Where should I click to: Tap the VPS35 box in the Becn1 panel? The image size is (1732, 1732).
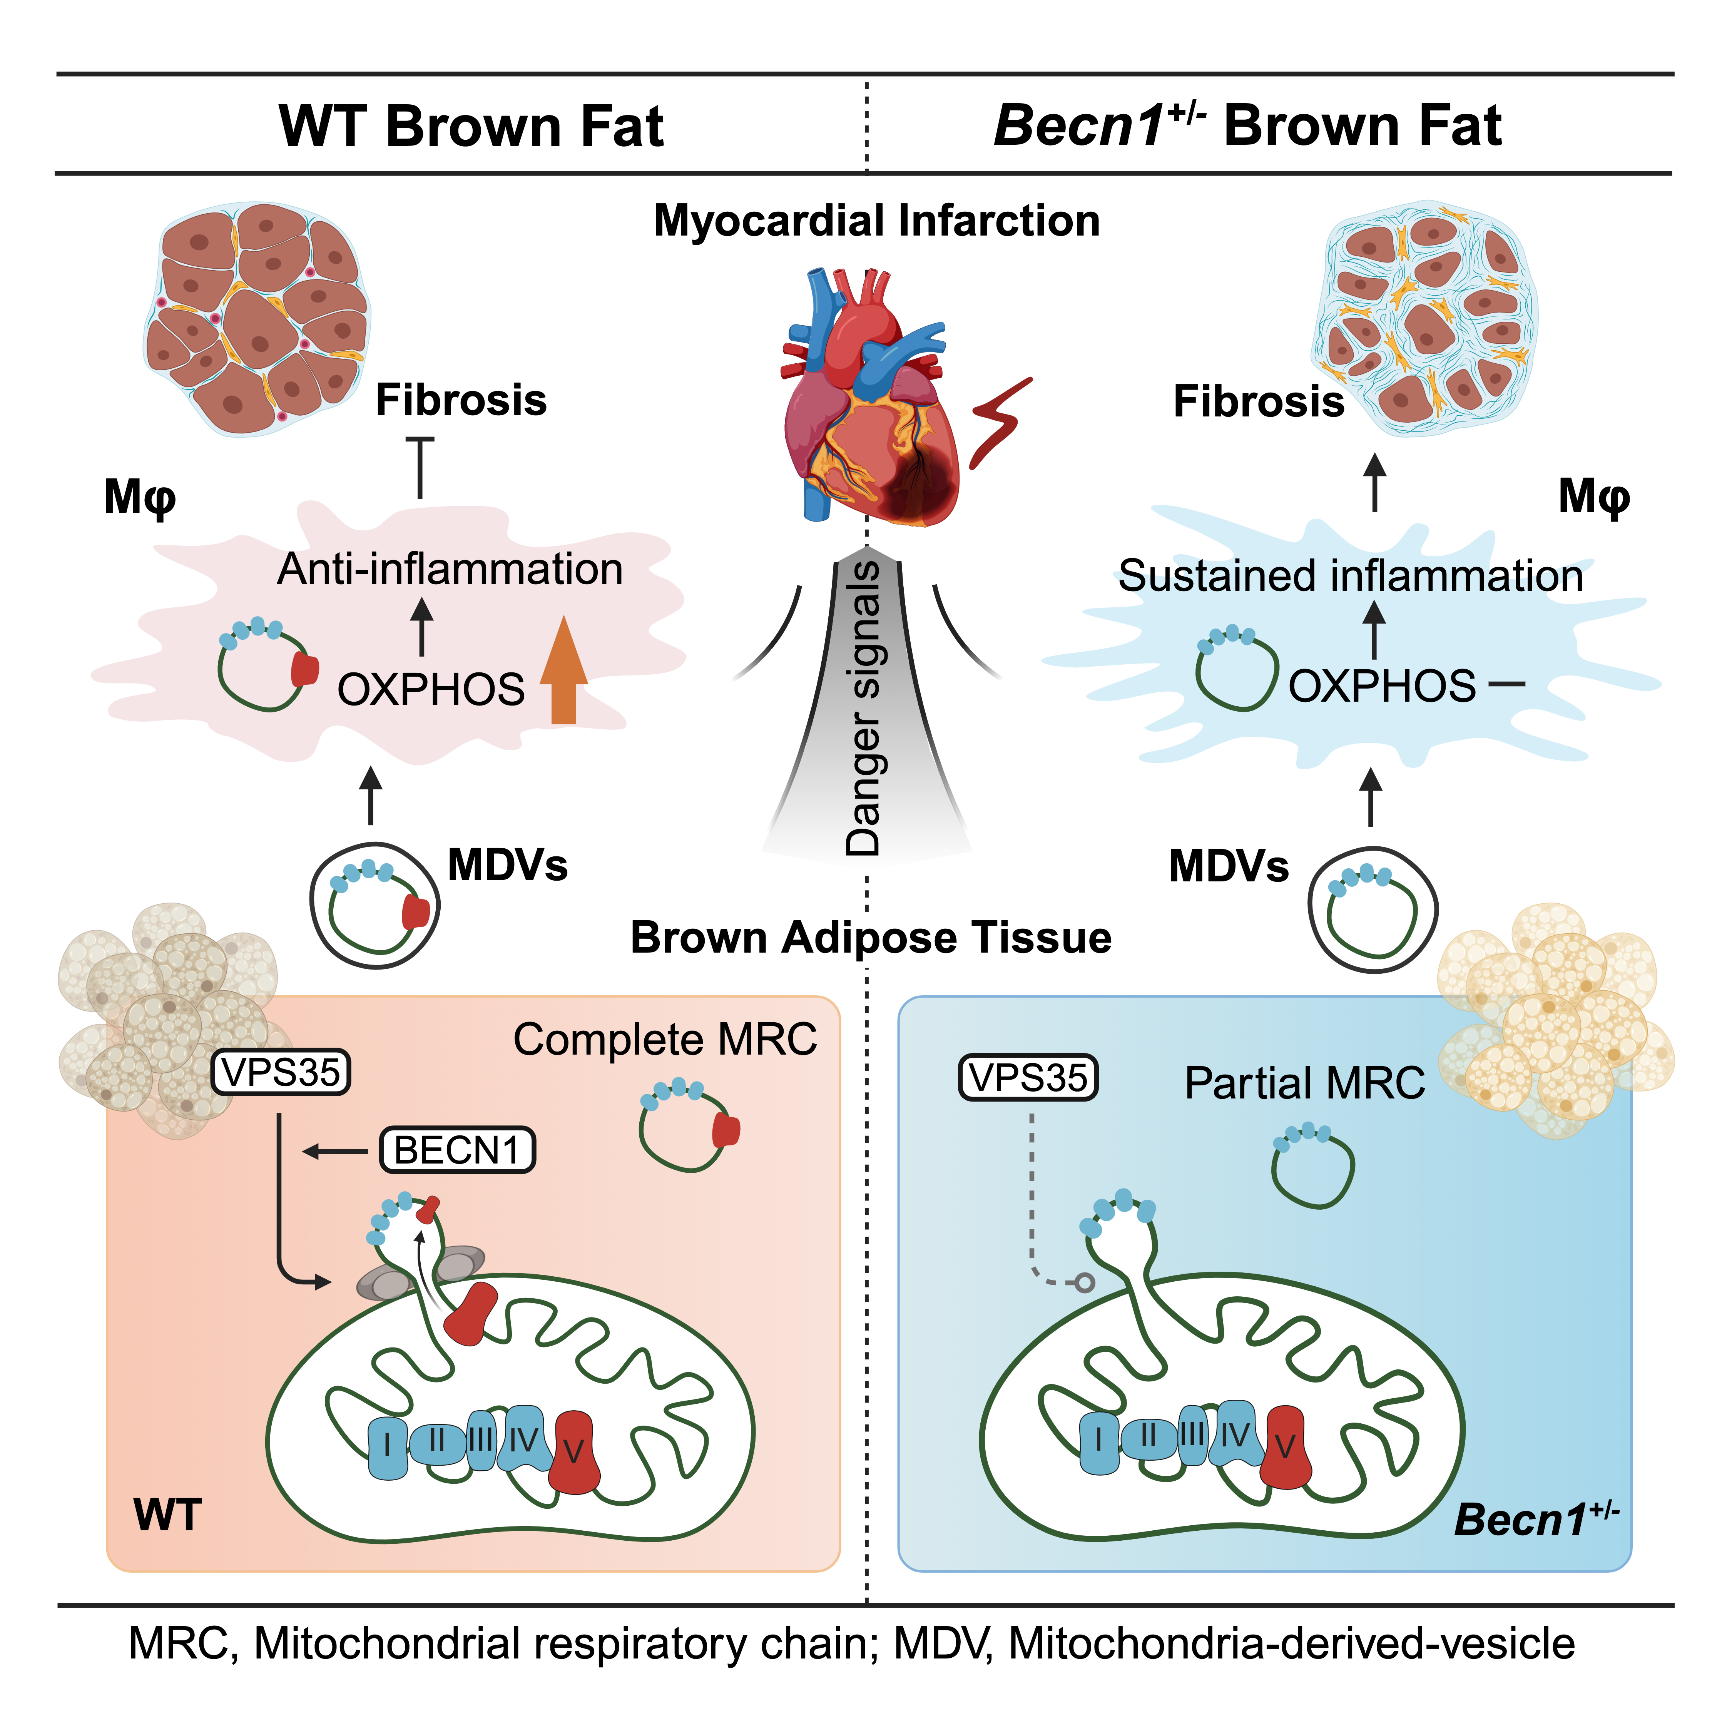click(1028, 1078)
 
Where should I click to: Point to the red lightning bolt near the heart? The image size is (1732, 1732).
click(1000, 421)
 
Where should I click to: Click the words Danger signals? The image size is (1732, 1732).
click(863, 708)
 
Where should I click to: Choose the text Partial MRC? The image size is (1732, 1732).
click(1304, 1083)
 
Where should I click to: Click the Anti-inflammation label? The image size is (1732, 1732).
click(450, 569)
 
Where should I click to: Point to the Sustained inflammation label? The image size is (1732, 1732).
click(1350, 575)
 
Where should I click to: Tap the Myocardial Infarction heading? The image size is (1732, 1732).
click(877, 221)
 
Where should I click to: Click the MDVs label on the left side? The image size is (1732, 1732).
click(507, 865)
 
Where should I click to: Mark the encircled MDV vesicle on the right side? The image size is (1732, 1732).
click(1372, 910)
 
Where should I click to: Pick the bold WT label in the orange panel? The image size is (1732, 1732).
click(168, 1515)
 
